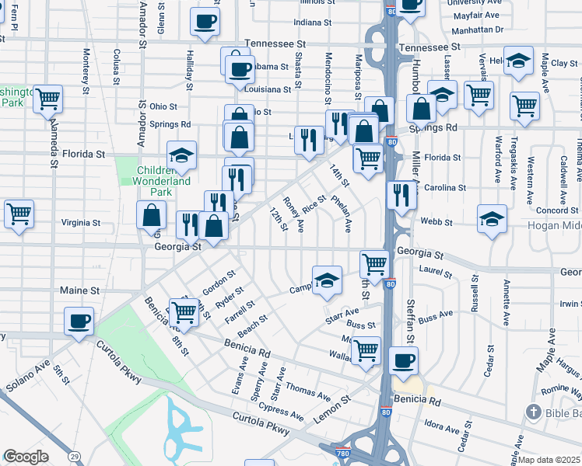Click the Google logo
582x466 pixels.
(26, 457)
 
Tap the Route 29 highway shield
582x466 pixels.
(74, 455)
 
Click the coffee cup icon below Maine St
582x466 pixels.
(79, 322)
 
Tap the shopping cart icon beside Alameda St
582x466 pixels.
(48, 99)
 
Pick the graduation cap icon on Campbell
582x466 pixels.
(328, 280)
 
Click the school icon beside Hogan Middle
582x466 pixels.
(492, 220)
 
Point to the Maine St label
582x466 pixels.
(80, 290)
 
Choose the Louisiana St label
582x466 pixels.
(267, 89)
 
